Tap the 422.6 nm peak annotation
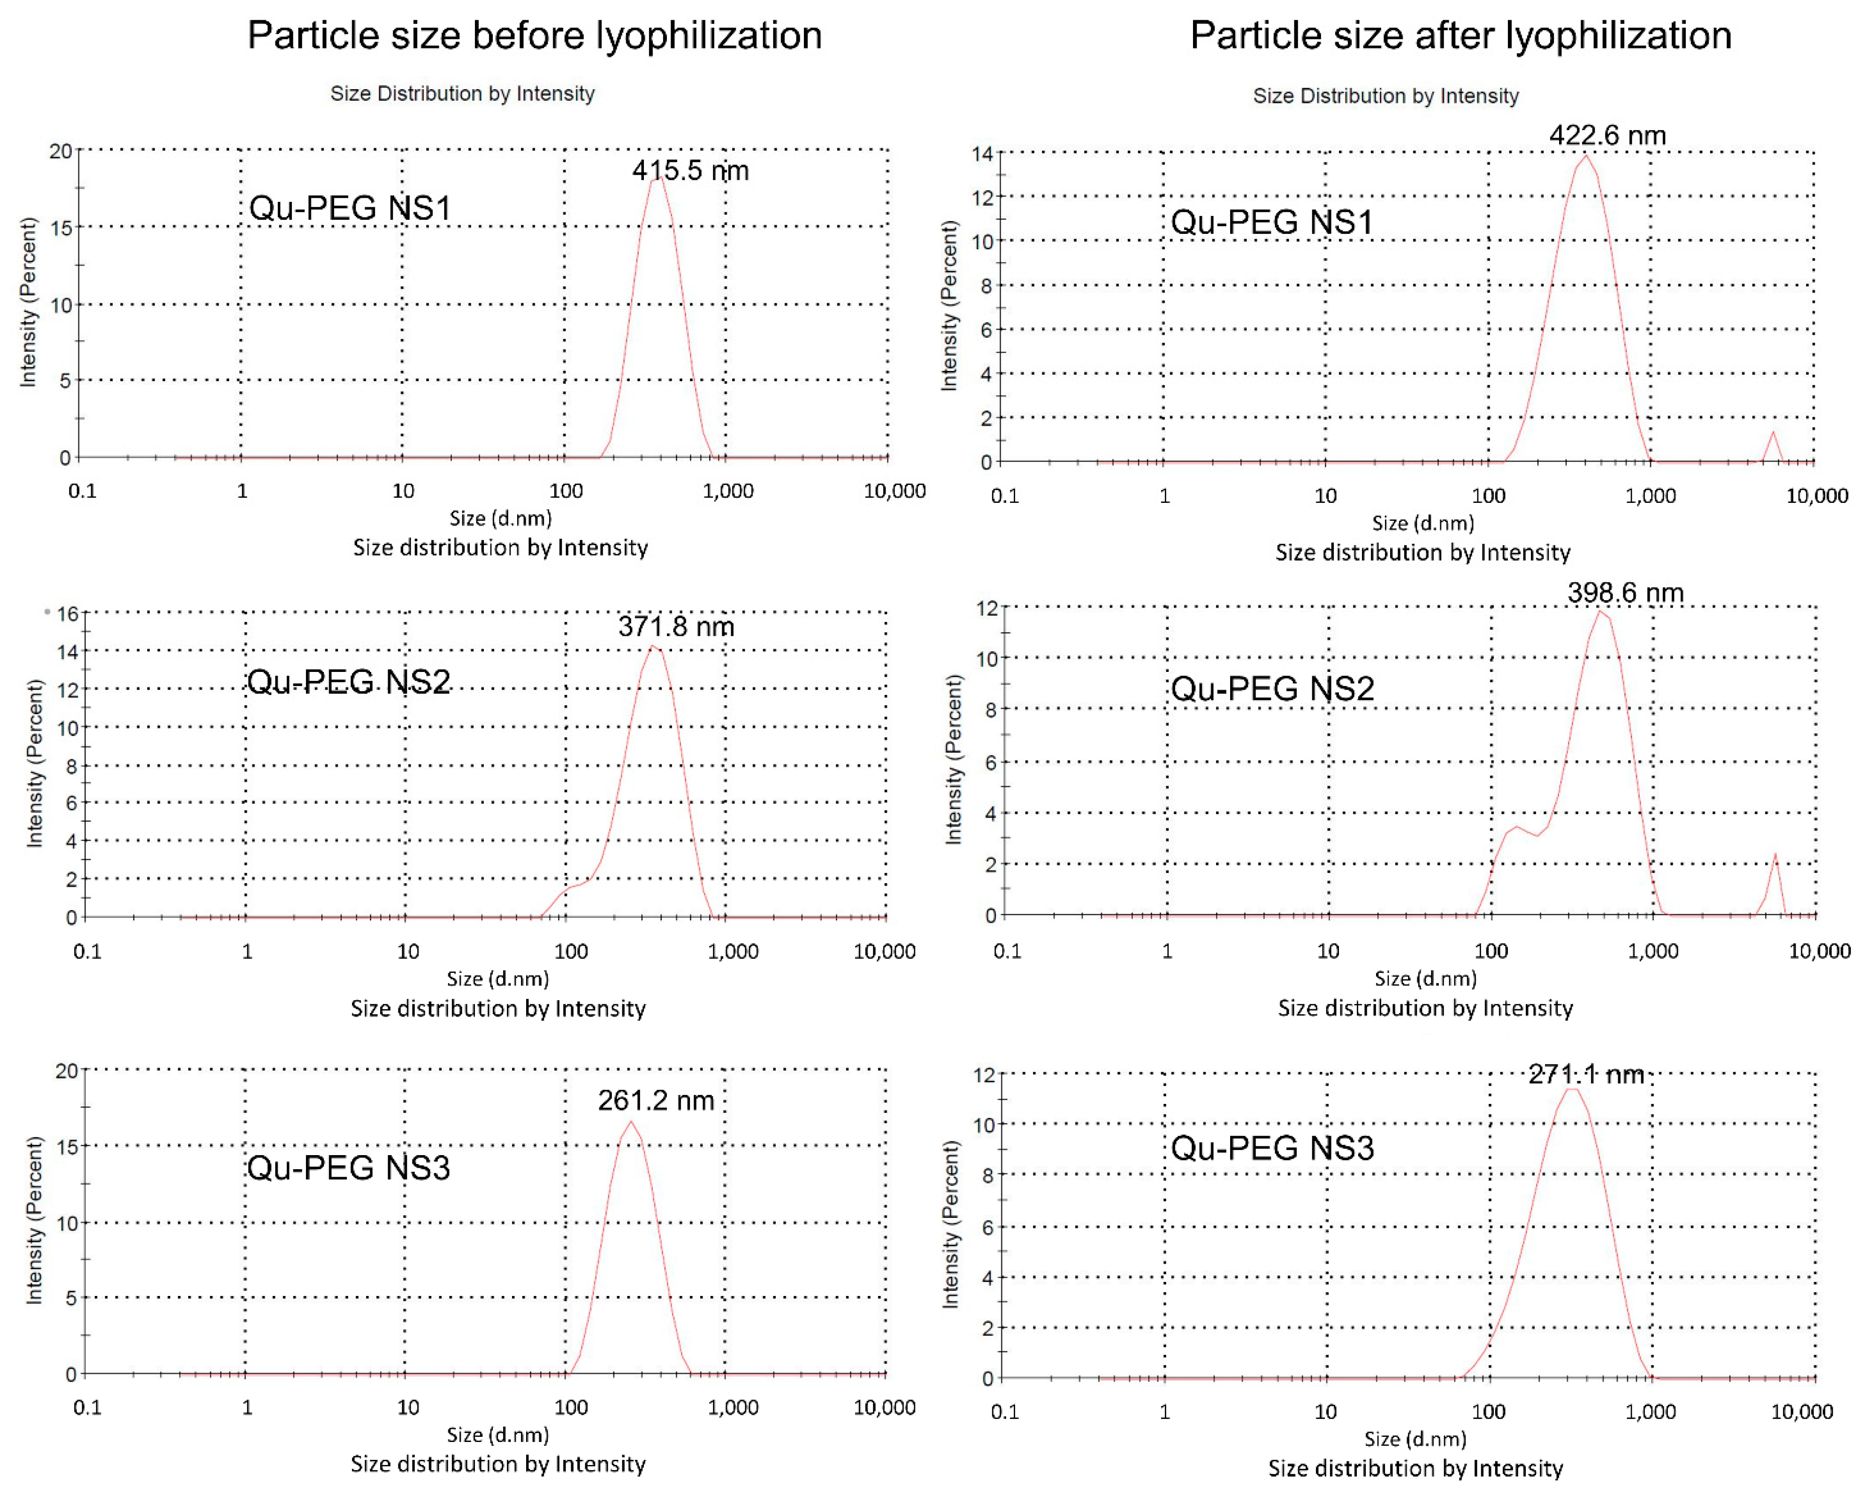click(x=1607, y=135)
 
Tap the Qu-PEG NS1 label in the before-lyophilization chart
click(x=350, y=208)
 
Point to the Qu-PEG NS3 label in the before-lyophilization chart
click(x=349, y=1168)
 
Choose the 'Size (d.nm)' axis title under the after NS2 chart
click(x=1425, y=978)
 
